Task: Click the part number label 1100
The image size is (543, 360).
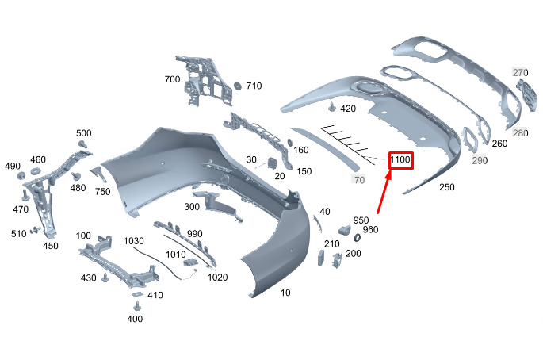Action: [x=400, y=160]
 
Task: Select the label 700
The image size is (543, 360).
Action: [x=172, y=80]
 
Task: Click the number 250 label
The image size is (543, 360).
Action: [x=446, y=187]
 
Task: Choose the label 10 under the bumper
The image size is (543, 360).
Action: [x=285, y=293]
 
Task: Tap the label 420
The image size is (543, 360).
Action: [x=348, y=108]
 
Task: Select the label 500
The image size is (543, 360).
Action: [x=84, y=133]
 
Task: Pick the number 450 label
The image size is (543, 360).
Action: [x=50, y=246]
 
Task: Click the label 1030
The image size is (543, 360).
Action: [x=134, y=241]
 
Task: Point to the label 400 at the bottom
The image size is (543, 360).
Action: [x=135, y=319]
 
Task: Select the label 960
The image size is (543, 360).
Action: [x=371, y=231]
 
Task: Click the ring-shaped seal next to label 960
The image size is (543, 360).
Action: [x=357, y=236]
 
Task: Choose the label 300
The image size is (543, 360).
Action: [x=191, y=206]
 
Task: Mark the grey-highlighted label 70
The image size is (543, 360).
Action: [x=359, y=180]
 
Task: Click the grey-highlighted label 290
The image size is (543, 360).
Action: [x=480, y=160]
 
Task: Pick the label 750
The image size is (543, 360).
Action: [x=103, y=191]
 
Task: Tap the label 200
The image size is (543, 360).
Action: [x=354, y=253]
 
